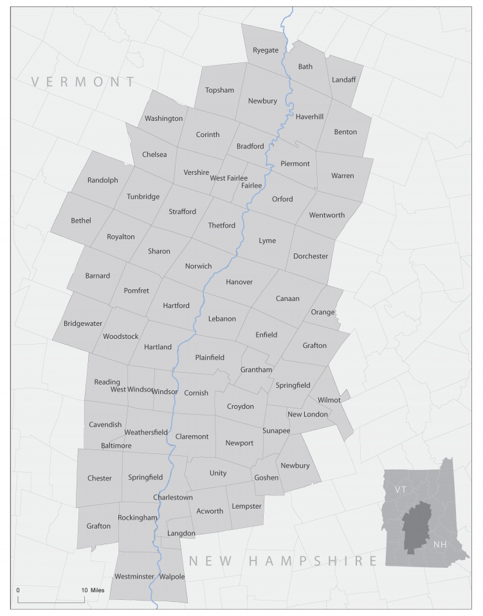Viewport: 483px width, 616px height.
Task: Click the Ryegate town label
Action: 266,50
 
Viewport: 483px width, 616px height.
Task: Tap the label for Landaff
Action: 343,80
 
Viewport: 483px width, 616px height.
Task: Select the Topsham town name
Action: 219,90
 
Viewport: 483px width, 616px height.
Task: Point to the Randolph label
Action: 103,180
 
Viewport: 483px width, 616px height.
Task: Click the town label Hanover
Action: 239,282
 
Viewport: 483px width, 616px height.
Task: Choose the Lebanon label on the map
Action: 222,319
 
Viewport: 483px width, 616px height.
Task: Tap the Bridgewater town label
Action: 82,323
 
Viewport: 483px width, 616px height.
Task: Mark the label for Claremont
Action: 192,437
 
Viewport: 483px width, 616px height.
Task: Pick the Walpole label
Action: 172,577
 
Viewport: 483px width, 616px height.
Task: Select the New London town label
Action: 307,414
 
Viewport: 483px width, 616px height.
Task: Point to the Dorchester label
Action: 311,256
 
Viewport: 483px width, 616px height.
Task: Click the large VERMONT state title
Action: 84,82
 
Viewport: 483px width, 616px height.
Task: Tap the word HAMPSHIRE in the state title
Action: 313,561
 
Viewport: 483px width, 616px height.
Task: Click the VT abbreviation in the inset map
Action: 401,489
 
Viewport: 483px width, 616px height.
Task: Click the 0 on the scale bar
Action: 18,590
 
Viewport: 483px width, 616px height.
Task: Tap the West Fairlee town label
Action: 228,178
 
